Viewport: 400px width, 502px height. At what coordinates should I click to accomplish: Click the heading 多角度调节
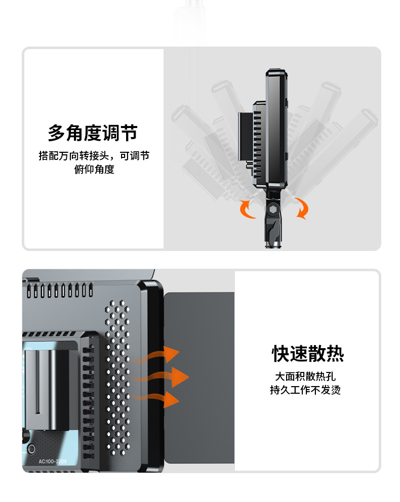93,133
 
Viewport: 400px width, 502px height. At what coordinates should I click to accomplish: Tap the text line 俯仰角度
94,170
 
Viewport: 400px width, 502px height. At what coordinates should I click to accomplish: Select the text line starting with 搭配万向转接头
94,156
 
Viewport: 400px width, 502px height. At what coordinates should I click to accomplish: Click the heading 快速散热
308,354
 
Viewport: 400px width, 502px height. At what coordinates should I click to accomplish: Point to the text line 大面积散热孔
305,377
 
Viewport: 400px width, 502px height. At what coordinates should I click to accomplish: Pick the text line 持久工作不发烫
305,390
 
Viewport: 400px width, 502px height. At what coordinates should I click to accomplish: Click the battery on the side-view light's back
245,135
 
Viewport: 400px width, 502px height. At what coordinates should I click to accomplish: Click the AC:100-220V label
52,461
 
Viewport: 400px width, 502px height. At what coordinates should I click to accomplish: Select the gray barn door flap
199,377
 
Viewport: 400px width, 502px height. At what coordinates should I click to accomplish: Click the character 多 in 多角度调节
57,133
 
